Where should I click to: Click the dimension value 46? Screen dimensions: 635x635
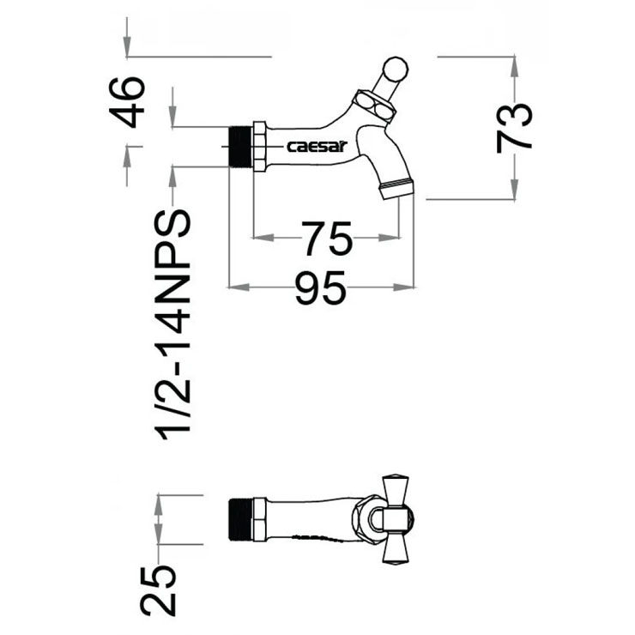pyautogui.click(x=131, y=101)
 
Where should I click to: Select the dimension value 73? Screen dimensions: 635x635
pyautogui.click(x=515, y=127)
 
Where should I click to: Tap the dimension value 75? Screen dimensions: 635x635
pyautogui.click(x=326, y=239)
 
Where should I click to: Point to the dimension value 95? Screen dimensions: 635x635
pyautogui.click(x=320, y=287)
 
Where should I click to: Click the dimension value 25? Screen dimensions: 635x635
pyautogui.click(x=159, y=590)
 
